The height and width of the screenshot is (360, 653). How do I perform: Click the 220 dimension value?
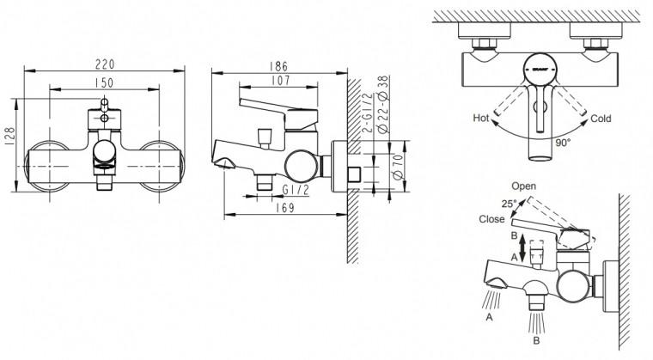pos(106,64)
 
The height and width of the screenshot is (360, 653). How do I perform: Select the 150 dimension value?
pos(106,82)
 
